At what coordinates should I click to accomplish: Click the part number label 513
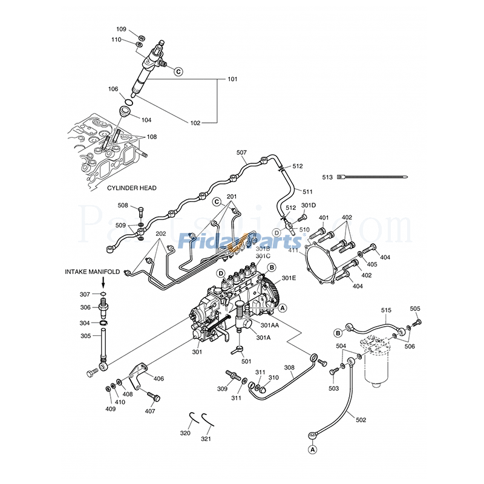pyautogui.click(x=327, y=177)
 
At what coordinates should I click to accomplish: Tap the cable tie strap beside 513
pyautogui.click(x=375, y=177)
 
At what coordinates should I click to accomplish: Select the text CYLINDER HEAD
pyautogui.click(x=132, y=188)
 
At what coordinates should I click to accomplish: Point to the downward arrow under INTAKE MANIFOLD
pyautogui.click(x=103, y=282)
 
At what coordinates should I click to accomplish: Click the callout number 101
pyautogui.click(x=232, y=80)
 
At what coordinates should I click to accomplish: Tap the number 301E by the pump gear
pyautogui.click(x=289, y=278)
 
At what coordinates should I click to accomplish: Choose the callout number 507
pyautogui.click(x=241, y=153)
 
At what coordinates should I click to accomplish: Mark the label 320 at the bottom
pyautogui.click(x=185, y=433)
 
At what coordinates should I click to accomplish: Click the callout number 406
pyautogui.click(x=159, y=379)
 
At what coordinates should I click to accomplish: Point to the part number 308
pyautogui.click(x=290, y=367)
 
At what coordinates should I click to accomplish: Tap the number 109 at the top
pyautogui.click(x=122, y=29)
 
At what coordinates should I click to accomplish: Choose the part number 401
pyautogui.click(x=324, y=218)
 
